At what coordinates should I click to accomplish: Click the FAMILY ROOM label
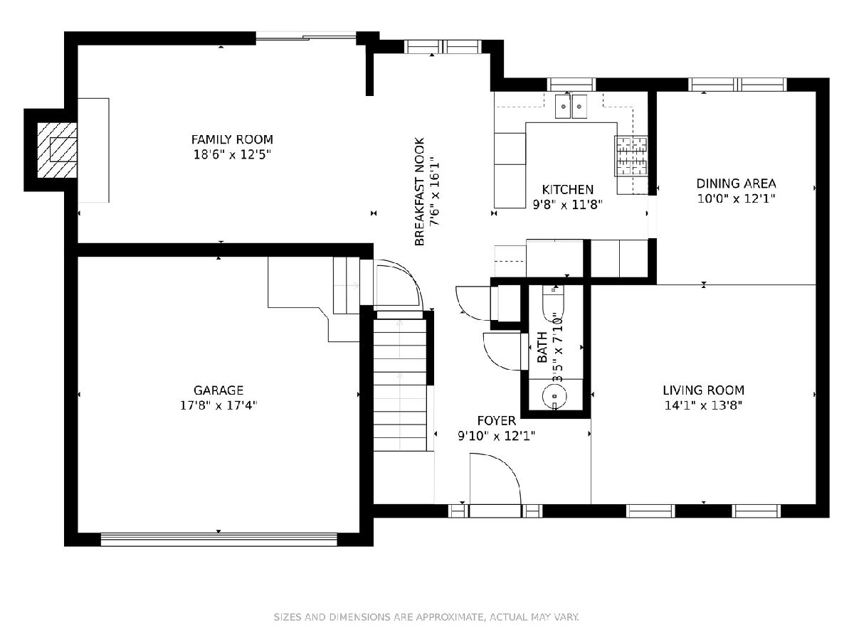tap(232, 139)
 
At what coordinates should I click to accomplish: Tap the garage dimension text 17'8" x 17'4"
tap(218, 405)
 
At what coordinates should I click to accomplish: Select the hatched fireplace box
tap(57, 150)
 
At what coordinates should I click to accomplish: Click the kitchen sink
tap(571, 106)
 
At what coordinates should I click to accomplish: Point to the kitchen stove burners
tap(631, 156)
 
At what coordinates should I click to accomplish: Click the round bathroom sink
tap(554, 396)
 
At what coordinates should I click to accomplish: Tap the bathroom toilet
tap(553, 303)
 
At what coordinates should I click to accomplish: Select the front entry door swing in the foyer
tap(495, 479)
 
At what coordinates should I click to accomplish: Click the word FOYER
tap(497, 421)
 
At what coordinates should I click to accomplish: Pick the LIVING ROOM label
tap(703, 390)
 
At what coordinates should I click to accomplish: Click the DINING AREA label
tap(736, 183)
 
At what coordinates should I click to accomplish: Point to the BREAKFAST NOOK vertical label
tap(419, 191)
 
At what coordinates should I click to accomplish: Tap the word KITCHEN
tap(568, 190)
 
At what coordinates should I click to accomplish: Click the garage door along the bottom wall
tap(218, 539)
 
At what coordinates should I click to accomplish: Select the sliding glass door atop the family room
tap(306, 38)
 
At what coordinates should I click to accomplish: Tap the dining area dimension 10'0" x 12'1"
tap(736, 198)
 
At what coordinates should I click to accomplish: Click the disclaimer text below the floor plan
tap(426, 617)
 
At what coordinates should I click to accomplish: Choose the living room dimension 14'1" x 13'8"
tap(703, 405)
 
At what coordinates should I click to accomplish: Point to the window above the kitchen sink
tap(571, 85)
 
